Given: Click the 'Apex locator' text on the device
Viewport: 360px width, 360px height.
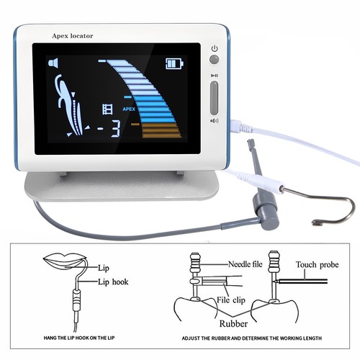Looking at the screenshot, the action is (73, 36).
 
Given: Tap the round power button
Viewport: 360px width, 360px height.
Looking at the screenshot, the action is (214, 59).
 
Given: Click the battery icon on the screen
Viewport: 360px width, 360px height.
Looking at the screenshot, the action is (175, 63).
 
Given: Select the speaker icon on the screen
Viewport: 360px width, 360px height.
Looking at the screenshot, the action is (54, 63).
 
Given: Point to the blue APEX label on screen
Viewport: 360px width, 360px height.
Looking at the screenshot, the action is (129, 109).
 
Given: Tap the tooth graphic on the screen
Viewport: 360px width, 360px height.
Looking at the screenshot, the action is (70, 106).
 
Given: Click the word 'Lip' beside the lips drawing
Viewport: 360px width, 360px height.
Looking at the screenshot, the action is (104, 268).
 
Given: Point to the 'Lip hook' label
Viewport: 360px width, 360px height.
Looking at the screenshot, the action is (113, 282).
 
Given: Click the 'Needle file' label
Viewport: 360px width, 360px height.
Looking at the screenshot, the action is (245, 264).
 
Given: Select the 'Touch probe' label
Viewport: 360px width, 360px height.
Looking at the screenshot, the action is (318, 265).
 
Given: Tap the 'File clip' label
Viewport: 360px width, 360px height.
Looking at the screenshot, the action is (231, 300).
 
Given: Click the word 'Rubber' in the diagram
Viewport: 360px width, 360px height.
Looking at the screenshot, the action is (233, 324).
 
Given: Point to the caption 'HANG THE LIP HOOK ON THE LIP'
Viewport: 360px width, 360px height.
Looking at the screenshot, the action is (79, 338).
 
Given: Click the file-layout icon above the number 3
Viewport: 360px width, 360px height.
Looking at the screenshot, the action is (107, 109).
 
